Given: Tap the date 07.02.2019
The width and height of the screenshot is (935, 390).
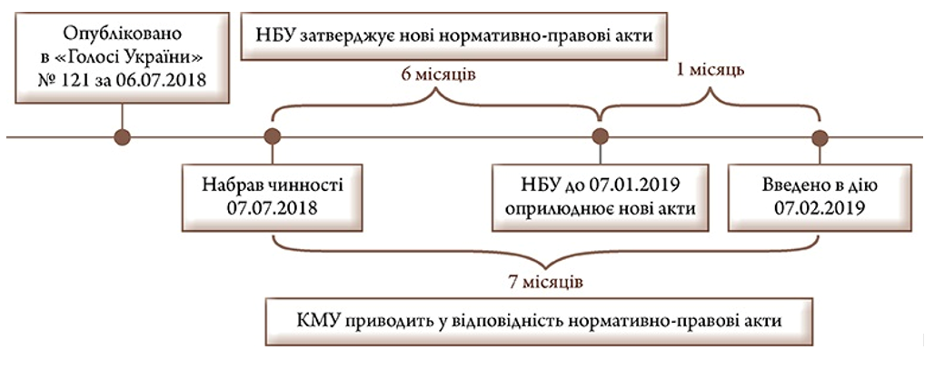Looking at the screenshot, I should (x=820, y=207).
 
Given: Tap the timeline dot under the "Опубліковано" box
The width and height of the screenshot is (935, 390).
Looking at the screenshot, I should (x=122, y=137).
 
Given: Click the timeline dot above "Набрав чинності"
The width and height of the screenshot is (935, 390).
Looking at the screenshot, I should (x=271, y=137).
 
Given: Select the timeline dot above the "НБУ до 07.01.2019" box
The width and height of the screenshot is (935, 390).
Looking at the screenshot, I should (x=599, y=137).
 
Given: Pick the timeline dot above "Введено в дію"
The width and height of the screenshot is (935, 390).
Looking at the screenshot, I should (x=820, y=137).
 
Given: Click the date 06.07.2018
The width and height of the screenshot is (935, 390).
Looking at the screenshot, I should (x=172, y=80).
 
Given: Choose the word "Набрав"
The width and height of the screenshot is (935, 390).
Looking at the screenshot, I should (x=231, y=185).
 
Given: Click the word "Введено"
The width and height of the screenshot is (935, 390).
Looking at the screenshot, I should (x=789, y=185).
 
